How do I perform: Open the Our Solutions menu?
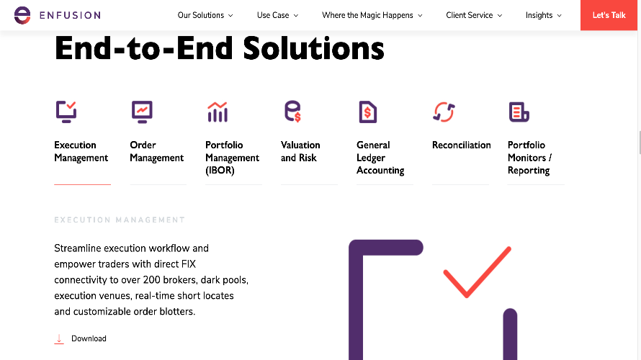(205, 15)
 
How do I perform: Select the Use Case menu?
(277, 15)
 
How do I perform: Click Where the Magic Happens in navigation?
(372, 15)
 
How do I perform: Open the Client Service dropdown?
(474, 15)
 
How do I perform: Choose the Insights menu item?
(543, 15)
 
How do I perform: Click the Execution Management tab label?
(81, 151)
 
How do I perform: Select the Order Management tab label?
(156, 151)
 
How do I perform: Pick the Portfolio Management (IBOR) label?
(232, 158)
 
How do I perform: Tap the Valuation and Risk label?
(300, 151)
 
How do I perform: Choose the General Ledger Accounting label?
(380, 158)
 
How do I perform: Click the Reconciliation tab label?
(461, 145)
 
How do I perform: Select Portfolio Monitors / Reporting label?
(529, 158)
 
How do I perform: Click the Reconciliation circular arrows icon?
(443, 112)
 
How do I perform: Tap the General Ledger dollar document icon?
(367, 112)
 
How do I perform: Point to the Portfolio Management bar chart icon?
(217, 112)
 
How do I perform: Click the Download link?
(88, 338)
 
